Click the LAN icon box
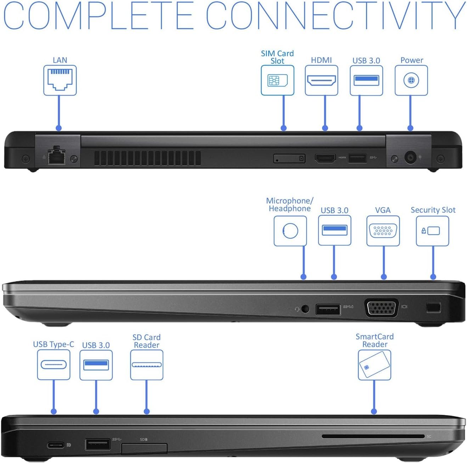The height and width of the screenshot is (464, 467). (x=60, y=80)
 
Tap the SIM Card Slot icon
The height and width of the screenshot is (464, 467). (x=277, y=80)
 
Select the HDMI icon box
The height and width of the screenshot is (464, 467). (x=321, y=80)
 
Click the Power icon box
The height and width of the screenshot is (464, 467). (x=411, y=80)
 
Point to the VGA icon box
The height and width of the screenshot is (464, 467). (x=383, y=231)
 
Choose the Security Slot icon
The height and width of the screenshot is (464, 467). (x=432, y=231)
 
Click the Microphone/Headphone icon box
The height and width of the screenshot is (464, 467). (x=290, y=231)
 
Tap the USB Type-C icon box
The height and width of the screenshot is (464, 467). (x=54, y=365)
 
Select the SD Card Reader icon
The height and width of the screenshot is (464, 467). (x=147, y=365)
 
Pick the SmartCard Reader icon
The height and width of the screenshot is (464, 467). (x=374, y=365)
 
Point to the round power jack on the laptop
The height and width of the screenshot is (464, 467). (x=410, y=157)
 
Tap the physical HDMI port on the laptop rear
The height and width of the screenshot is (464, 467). (x=325, y=158)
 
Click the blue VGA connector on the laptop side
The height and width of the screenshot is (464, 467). (x=382, y=308)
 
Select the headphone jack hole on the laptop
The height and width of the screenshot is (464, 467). (x=305, y=309)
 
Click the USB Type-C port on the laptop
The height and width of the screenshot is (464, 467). (x=56, y=445)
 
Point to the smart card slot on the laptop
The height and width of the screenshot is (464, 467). (x=373, y=436)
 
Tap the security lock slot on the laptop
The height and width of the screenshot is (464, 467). (x=433, y=307)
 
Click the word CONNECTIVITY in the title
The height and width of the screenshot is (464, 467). (x=335, y=16)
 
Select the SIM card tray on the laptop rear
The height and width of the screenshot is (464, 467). (x=289, y=158)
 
